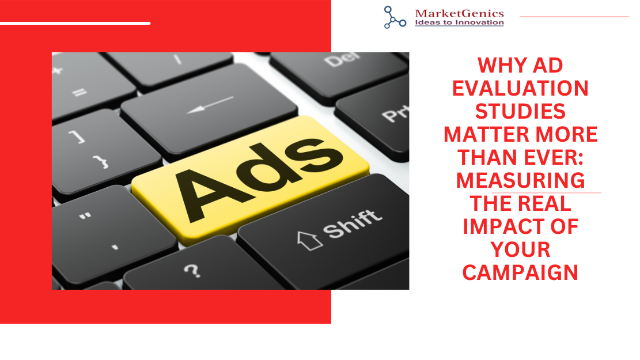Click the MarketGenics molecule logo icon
point(395,17)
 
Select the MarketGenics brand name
point(459,13)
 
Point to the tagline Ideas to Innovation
point(459,22)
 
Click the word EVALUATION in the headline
point(520,88)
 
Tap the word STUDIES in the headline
point(520,111)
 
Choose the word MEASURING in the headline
point(520,180)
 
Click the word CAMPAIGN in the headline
point(520,272)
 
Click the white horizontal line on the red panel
point(75,23)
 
